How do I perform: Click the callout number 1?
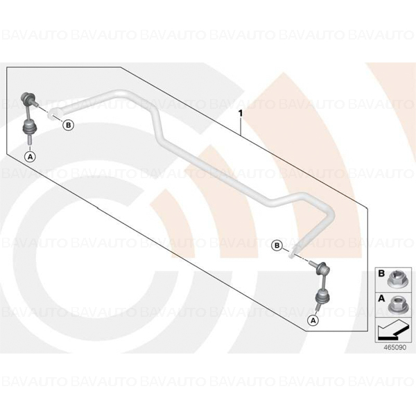click(241, 114)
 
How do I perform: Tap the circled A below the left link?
click(30, 157)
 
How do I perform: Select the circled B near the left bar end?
click(68, 125)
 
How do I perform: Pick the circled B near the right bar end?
click(277, 245)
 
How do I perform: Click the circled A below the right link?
click(313, 320)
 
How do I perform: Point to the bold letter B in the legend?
click(381, 274)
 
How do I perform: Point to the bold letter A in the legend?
click(381, 298)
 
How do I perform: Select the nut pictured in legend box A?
click(396, 304)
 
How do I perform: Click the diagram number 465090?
click(395, 347)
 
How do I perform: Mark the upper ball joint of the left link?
click(27, 97)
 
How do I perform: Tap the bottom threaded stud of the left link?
click(29, 139)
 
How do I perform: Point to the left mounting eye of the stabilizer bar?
click(54, 113)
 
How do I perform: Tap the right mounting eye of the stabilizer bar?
click(294, 252)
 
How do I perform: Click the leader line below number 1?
click(241, 127)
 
